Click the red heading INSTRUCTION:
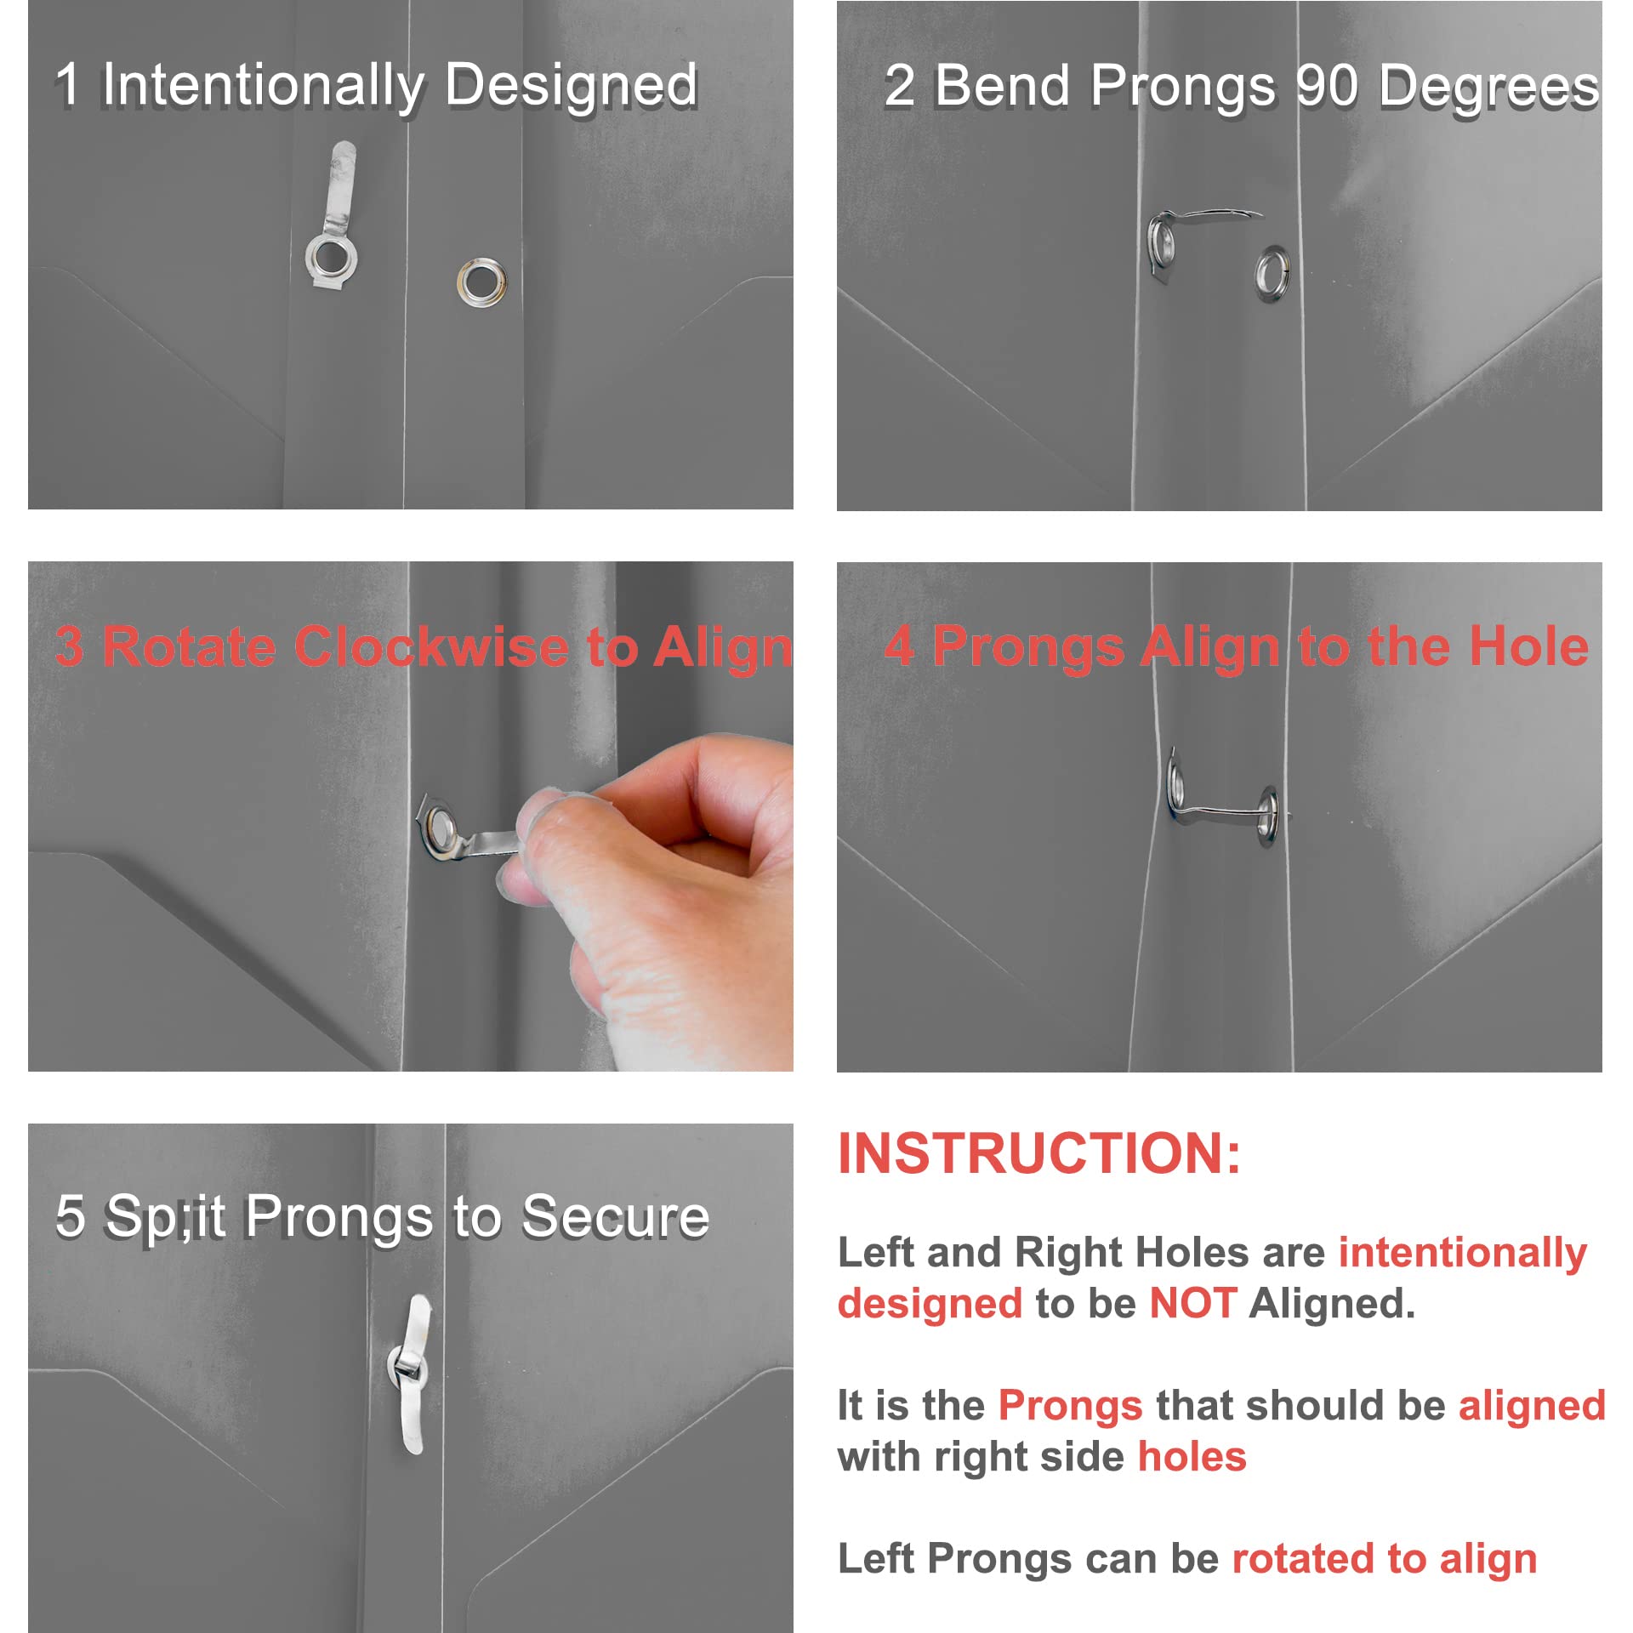(1039, 1154)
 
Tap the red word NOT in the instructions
(1192, 1304)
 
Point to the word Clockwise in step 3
(431, 646)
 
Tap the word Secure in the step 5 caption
(615, 1216)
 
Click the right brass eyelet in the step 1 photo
(482, 281)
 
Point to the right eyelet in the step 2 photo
(1273, 274)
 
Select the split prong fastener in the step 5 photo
(412, 1374)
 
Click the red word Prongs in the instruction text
(1070, 1405)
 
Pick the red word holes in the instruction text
(1192, 1457)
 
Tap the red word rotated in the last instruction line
(1303, 1559)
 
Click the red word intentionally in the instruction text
(1463, 1254)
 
